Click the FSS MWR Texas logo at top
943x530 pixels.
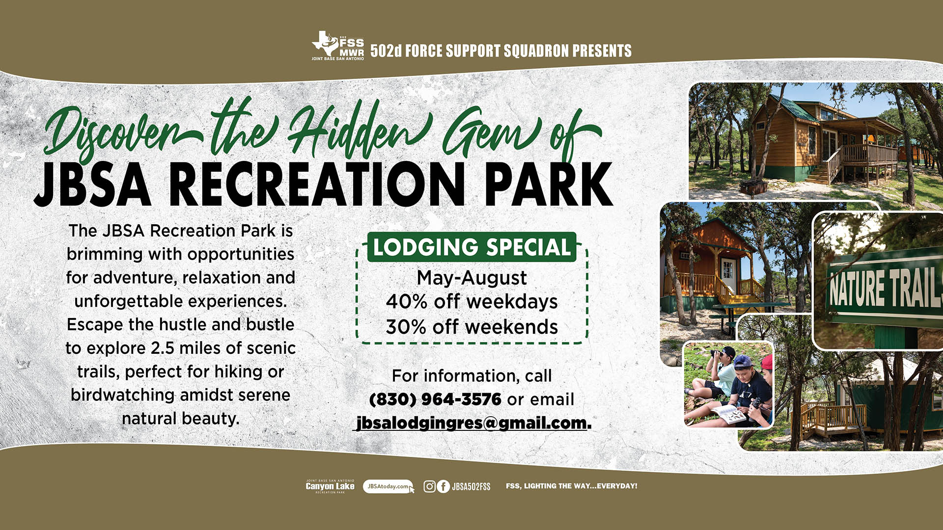coord(338,46)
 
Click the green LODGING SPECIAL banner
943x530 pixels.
coord(472,247)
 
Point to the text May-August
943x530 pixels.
coord(472,278)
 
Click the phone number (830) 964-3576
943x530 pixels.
coord(435,399)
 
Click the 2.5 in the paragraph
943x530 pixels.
coord(162,348)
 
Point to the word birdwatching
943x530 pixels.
coord(123,395)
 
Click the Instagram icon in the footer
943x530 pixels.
coord(429,486)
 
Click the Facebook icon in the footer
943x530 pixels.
coord(443,486)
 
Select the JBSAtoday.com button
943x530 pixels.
coord(388,486)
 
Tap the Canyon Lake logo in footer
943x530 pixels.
coord(330,486)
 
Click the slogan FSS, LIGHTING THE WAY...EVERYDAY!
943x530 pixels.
coord(572,486)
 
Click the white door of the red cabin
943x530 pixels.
coord(727,275)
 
